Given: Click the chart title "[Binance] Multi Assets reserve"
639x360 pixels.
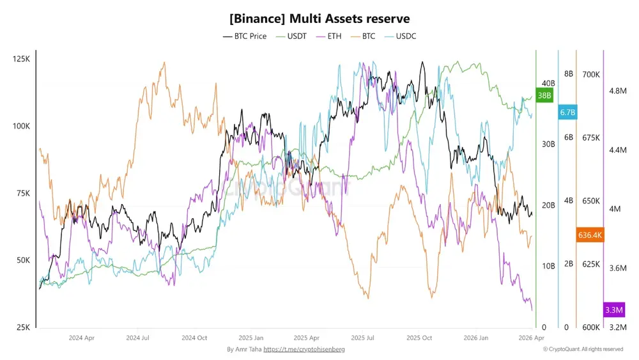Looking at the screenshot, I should point(319,19).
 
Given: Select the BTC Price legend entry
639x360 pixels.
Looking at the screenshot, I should point(245,36).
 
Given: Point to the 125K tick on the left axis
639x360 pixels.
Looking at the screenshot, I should point(21,59).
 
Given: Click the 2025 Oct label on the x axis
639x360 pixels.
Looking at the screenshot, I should point(419,338).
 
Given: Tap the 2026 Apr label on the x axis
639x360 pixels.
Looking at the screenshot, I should point(531,338).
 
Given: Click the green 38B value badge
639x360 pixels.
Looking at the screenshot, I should point(544,96).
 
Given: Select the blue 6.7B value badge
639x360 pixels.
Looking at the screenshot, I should point(567,113).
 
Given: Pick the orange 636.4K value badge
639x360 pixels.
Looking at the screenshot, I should point(590,235).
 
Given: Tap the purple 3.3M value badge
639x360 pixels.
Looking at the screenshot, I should point(613,310).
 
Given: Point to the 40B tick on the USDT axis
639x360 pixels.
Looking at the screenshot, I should point(548,83).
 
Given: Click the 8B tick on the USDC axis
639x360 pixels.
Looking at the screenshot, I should point(568,74).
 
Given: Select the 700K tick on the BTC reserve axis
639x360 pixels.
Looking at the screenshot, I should point(591,75).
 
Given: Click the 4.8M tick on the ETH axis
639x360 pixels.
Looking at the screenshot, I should point(618,91).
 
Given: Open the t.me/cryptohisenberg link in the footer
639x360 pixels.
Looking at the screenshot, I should point(304,350).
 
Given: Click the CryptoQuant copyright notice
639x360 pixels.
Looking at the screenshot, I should point(583,350).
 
